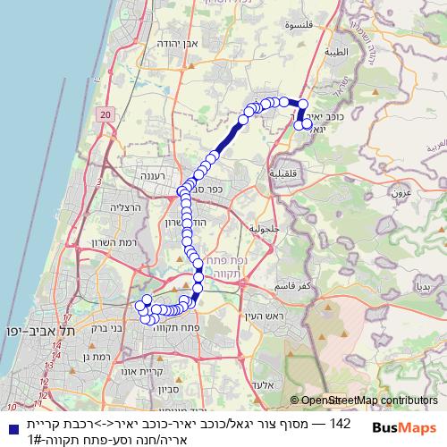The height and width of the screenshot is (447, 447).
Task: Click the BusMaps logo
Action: coord(405,428)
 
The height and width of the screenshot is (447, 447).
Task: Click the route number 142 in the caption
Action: coord(342,421)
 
